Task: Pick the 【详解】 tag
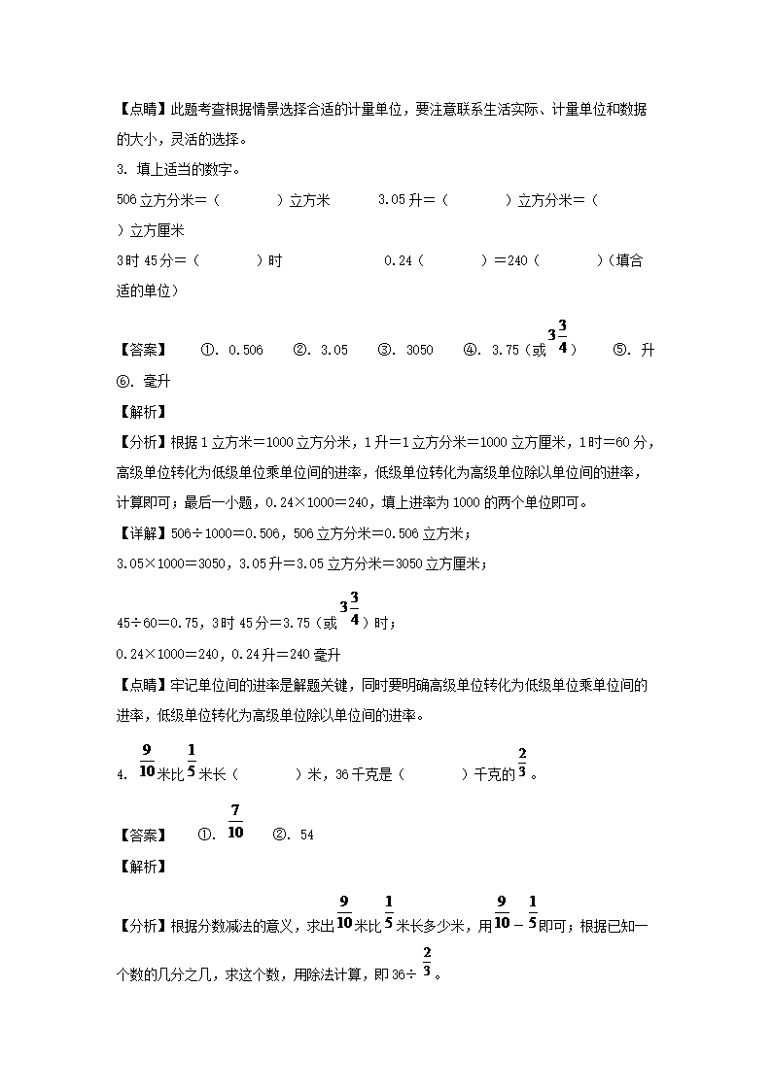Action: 141,533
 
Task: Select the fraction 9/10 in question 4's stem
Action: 147,761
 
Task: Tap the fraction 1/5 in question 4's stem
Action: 192,761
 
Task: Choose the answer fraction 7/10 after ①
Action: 235,822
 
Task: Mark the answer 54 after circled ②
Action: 306,835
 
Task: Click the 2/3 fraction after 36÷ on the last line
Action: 427,965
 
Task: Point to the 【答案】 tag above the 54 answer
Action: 141,835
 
